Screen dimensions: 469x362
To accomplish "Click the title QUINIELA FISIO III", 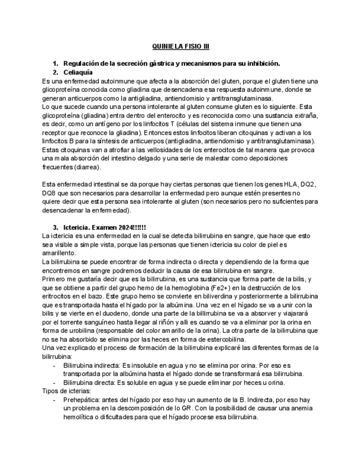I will [181, 47].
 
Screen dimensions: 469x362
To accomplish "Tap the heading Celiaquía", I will [78, 72].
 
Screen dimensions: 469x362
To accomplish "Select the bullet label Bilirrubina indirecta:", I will [92, 365].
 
